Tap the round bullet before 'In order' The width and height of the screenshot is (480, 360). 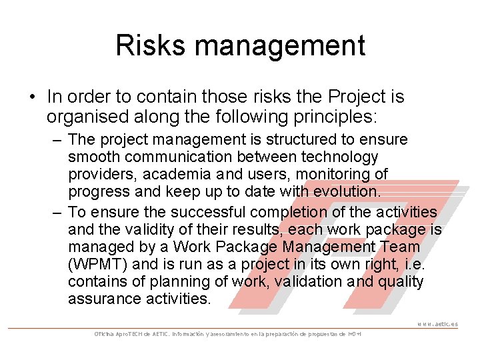32,97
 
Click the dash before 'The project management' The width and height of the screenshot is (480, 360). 56,140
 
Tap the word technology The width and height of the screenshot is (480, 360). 340,157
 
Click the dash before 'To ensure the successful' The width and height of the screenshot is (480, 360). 56,213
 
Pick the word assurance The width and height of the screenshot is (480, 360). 104,299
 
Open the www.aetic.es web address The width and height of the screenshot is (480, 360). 437,324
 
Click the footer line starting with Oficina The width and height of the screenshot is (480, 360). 227,333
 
